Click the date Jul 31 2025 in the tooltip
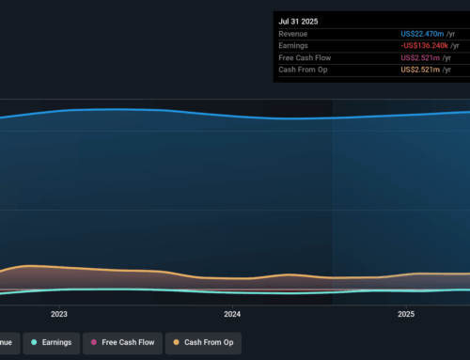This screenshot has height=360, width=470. click(299, 19)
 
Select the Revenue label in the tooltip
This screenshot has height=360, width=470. click(296, 34)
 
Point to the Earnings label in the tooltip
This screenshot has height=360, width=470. click(296, 46)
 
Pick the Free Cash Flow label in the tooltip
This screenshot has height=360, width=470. click(305, 58)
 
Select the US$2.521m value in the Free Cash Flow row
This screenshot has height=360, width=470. click(422, 58)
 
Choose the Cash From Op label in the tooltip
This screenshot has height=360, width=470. click(303, 70)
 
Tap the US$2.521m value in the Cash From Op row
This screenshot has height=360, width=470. click(422, 70)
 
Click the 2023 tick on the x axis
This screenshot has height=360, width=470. click(59, 314)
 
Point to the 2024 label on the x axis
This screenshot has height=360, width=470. click(232, 314)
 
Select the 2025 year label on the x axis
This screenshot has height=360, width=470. click(406, 314)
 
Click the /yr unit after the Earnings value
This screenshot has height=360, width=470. click(456, 46)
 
